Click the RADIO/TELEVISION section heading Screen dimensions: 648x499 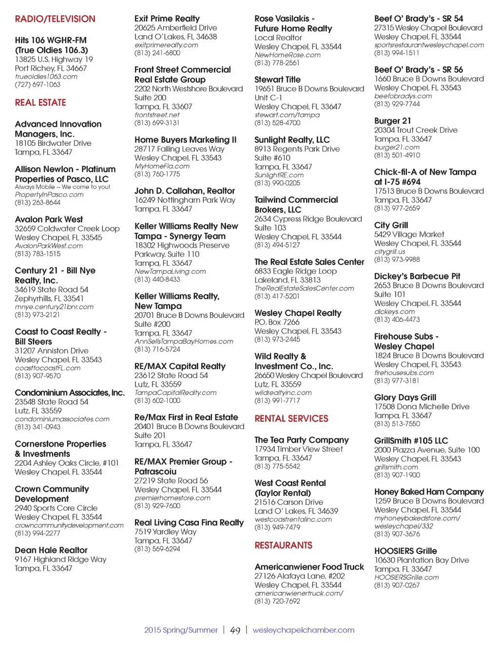point(55,19)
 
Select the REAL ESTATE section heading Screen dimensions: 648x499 point(40,102)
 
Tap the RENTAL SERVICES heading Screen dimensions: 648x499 point(291,418)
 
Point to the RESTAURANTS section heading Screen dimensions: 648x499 point(283,545)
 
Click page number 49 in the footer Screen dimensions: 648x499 point(235,630)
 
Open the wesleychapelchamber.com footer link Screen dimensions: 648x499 point(303,630)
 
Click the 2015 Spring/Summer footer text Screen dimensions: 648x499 point(181,630)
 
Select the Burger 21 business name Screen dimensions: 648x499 point(392,120)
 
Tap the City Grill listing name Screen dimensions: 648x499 point(391,225)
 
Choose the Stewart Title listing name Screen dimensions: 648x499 point(277,79)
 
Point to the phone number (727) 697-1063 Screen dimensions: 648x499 point(38,84)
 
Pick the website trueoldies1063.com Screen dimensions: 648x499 point(46,77)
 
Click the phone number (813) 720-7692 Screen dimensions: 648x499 point(277,601)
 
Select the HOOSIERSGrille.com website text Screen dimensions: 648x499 point(406,577)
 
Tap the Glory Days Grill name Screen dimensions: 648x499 point(405,397)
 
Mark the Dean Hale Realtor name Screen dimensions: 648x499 point(51,550)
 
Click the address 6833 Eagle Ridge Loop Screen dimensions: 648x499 point(295,271)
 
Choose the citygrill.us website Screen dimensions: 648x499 point(389,252)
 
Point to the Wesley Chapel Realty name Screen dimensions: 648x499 point(298,313)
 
